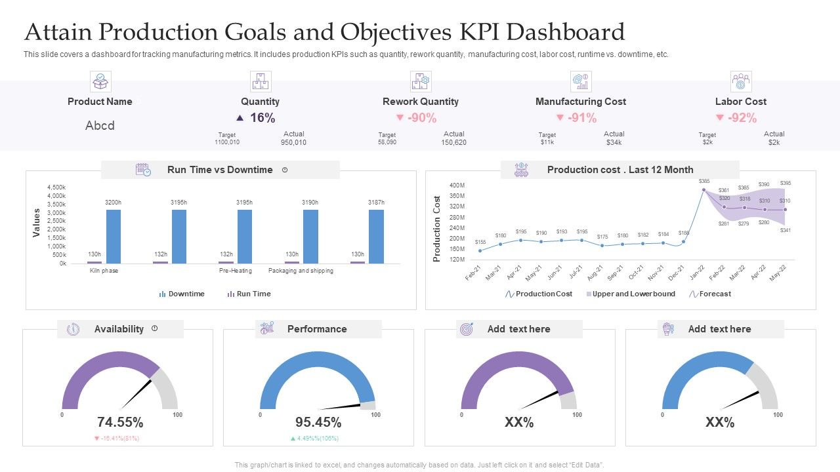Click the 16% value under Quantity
coord(262,118)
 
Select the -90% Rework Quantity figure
coord(421,118)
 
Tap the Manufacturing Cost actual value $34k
coord(614,142)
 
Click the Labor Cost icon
coord(741,82)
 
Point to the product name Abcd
coord(100,125)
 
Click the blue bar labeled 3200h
coord(114,236)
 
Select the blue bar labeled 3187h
coord(376,236)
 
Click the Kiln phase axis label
coord(104,271)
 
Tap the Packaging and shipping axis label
coord(301,271)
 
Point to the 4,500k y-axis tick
coord(56,187)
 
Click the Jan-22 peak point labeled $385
coord(703,190)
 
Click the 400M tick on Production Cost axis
coord(457,186)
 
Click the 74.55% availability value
coord(119,422)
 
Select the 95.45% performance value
coord(318,422)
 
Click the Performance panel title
coord(317,329)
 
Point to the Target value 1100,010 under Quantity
coord(227,142)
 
